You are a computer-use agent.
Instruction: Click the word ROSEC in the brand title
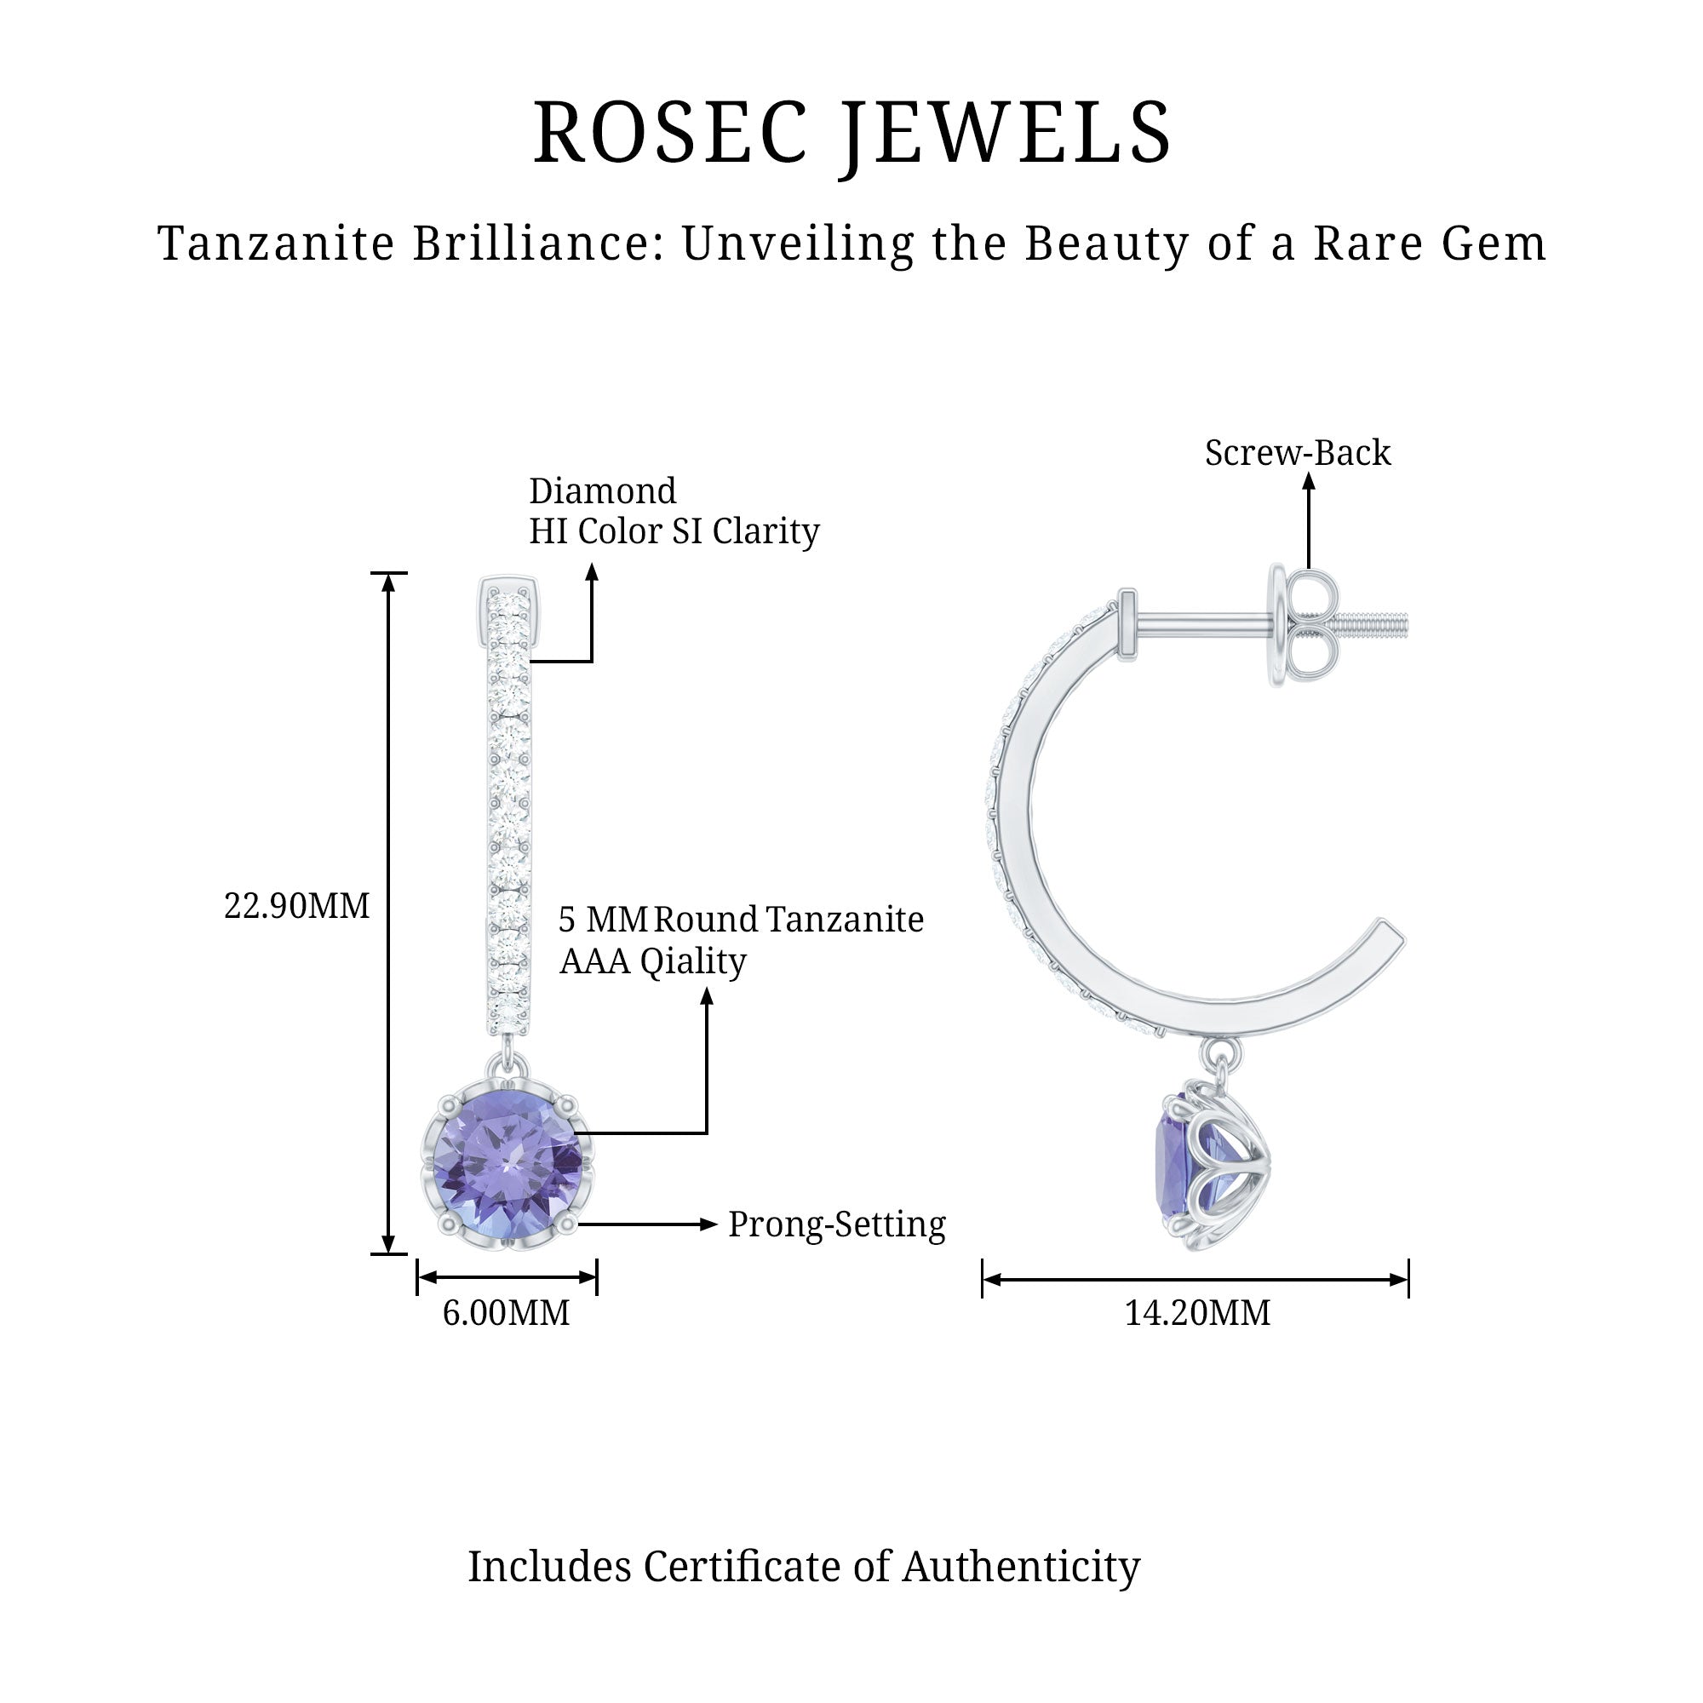pos(669,133)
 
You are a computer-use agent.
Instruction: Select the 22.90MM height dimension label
pos(296,906)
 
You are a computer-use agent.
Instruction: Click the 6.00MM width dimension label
pos(506,1312)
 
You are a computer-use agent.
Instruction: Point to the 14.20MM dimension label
pos(1197,1312)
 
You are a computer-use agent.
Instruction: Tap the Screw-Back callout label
pos(1298,453)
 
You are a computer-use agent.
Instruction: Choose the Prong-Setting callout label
pos(836,1224)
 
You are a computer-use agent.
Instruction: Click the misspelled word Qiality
pos(693,961)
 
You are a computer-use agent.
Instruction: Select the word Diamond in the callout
pos(603,491)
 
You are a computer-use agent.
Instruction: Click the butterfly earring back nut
pos(1306,627)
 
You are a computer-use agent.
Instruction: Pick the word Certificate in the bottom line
pos(743,1592)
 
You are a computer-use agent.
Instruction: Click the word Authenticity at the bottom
pos(1021,1592)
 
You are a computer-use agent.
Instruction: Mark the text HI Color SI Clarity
pos(674,531)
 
